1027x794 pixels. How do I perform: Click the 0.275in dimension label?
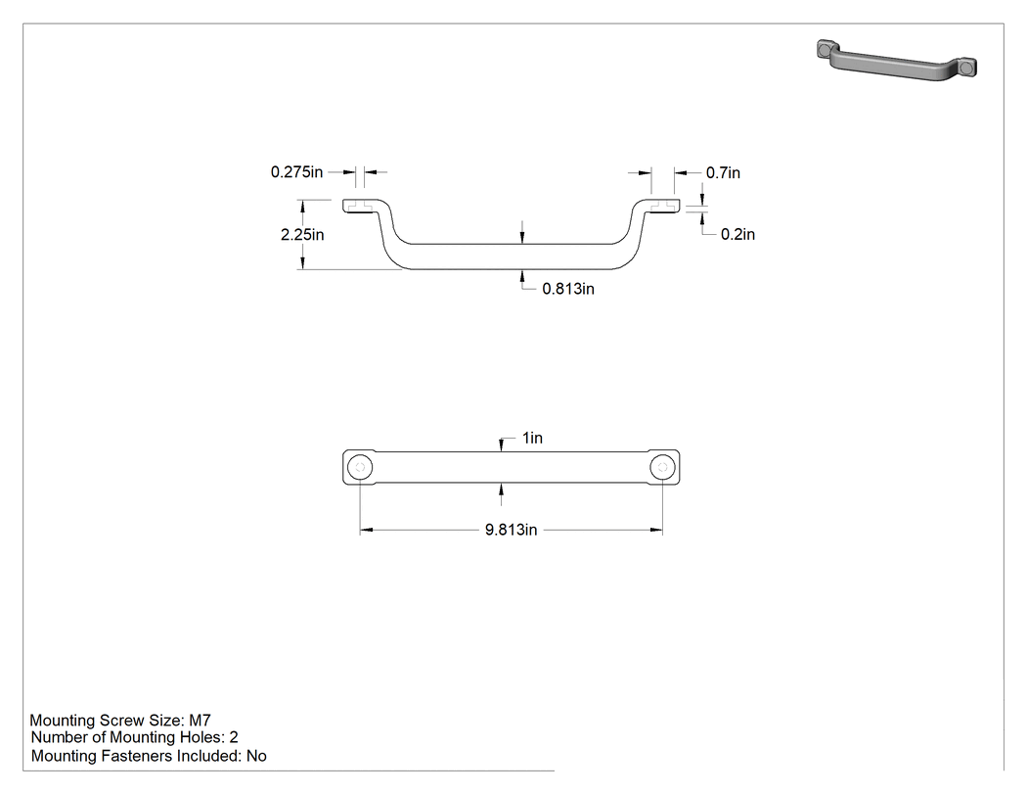click(296, 172)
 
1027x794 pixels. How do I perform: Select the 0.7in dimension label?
click(723, 173)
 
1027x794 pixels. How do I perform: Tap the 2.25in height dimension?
click(302, 235)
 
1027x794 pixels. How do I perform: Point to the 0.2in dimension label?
click(737, 235)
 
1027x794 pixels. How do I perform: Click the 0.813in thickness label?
click(568, 289)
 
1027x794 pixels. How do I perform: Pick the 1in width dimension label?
click(532, 438)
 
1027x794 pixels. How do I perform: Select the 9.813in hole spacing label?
click(511, 530)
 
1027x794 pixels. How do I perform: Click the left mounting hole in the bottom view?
click(360, 467)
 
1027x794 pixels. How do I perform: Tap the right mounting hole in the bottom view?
click(662, 467)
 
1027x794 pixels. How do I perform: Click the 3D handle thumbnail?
click(897, 61)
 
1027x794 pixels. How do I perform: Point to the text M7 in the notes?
click(200, 721)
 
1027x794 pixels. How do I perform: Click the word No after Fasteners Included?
click(256, 756)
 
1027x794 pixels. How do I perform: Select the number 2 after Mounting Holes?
click(234, 737)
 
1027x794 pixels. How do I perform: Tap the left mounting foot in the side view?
click(360, 206)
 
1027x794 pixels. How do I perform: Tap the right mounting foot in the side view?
click(662, 206)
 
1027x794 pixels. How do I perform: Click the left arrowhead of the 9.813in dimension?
click(366, 530)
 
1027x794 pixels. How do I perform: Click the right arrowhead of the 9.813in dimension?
click(655, 530)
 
